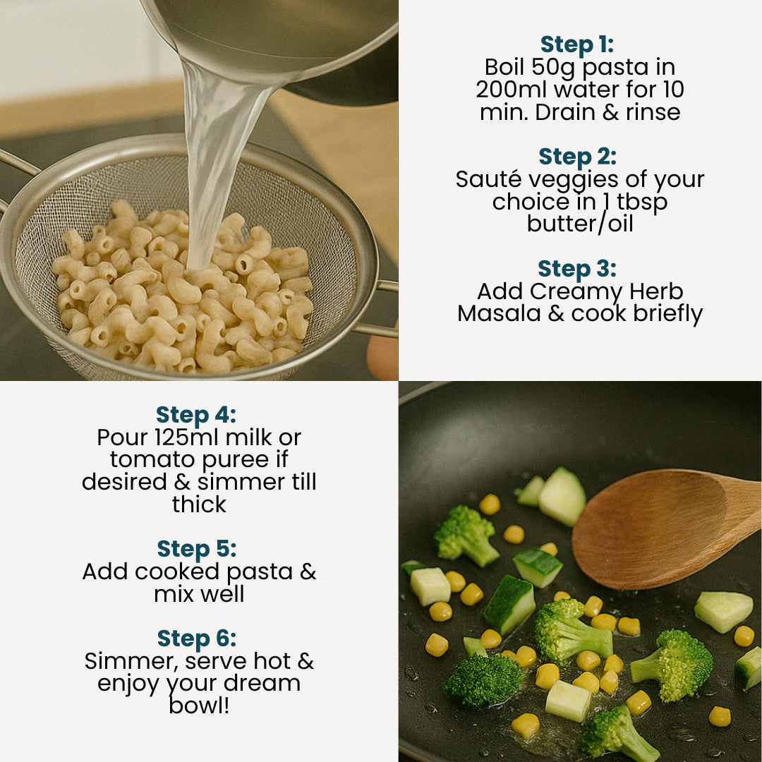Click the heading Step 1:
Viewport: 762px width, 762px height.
coord(577,44)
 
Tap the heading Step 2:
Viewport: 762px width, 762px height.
coord(577,157)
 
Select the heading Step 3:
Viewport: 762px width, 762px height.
coord(577,269)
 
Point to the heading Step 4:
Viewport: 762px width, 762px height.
coord(196,414)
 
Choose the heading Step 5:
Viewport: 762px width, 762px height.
coord(196,549)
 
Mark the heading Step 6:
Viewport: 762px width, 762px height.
coord(196,639)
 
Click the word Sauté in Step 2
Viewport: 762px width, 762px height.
coord(488,179)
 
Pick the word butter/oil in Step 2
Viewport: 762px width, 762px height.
coord(579,224)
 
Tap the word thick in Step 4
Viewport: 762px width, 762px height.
coord(199,504)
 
